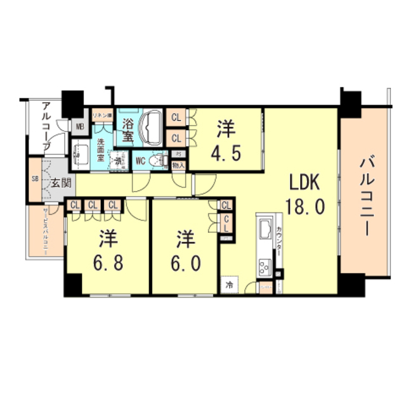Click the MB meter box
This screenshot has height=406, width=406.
[x=80, y=126]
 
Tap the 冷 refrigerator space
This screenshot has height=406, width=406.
[x=228, y=285]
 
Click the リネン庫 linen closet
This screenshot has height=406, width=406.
[x=101, y=116]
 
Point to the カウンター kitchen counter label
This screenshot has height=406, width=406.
[x=279, y=244]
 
